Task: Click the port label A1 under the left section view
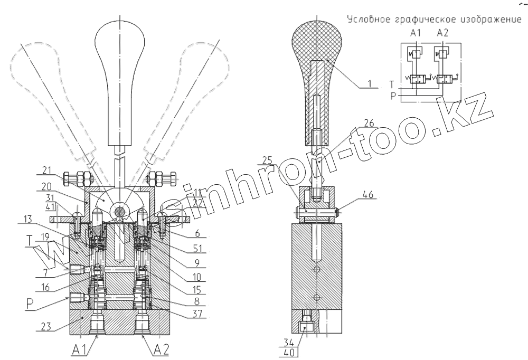tap(79, 348)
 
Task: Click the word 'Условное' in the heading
tap(366, 20)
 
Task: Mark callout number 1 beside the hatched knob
tap(370, 83)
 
